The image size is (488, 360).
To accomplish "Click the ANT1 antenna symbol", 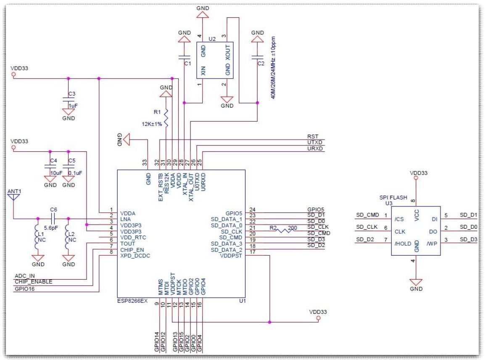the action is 14,197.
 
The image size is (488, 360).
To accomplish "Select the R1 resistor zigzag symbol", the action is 166,118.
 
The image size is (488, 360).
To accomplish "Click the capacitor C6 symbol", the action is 53,219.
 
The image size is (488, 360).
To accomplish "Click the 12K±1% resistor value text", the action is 152,124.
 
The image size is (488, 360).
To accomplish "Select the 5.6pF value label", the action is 51,228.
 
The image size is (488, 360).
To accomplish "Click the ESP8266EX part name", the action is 132,301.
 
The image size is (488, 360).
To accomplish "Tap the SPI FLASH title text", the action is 393,197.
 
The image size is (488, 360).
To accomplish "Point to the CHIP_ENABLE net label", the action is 34,281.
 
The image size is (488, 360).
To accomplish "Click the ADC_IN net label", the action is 25,276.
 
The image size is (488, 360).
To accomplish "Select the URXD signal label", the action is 315,148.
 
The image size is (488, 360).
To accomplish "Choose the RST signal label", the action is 313,136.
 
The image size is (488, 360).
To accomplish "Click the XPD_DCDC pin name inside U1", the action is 135,256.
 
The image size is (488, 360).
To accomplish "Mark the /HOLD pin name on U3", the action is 403,244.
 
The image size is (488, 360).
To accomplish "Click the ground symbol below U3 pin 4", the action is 416,282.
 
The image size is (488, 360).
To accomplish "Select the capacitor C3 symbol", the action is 69,100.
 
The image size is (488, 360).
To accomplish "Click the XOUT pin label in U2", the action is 227,53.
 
